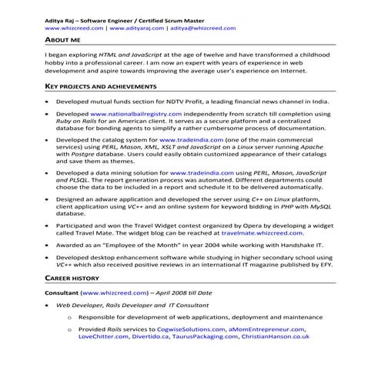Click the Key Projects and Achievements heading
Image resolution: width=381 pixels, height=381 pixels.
pos(98,86)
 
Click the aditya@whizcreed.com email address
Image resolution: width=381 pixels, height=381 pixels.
pos(202,27)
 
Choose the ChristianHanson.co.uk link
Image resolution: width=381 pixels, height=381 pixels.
pos(275,336)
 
